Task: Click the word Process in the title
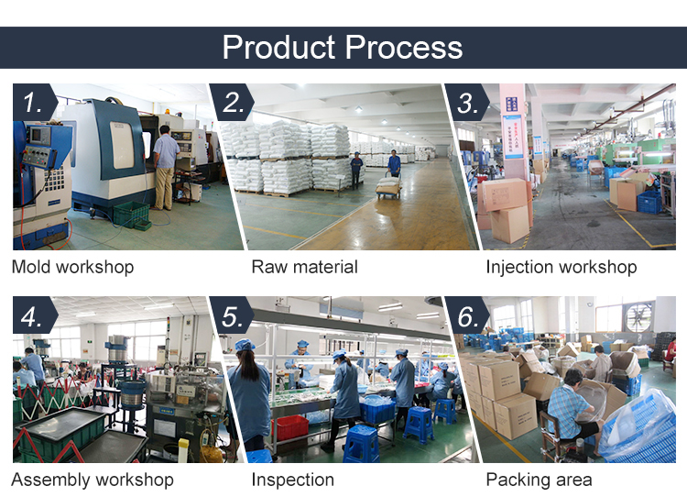399,47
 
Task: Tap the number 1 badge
32,104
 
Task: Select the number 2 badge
234,104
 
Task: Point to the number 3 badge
468,104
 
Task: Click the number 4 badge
32,316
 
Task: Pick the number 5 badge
234,316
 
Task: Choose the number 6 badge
468,316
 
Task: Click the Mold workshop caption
72,267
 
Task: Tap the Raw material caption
304,267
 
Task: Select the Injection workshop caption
561,267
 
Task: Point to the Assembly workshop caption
92,480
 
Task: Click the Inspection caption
292,480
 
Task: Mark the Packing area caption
539,480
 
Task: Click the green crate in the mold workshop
131,215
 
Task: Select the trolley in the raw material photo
388,187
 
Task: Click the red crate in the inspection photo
290,427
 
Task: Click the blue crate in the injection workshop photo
649,201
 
